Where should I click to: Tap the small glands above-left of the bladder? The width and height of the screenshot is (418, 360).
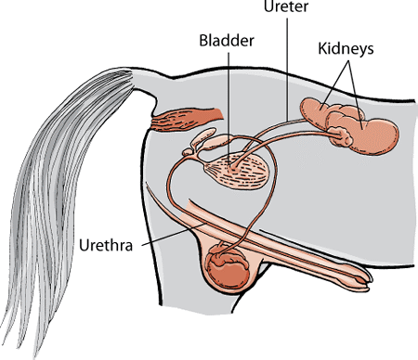(209, 140)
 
